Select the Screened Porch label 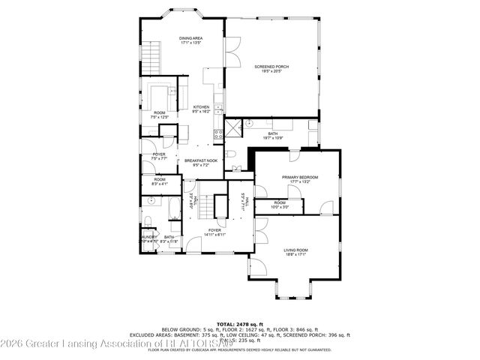tap(271, 68)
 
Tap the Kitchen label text tap(201, 108)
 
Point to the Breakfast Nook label tap(201, 161)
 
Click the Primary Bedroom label tap(295, 178)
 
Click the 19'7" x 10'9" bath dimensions tap(272, 138)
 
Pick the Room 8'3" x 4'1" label tap(160, 181)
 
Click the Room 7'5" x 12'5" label tap(160, 115)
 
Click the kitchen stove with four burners tap(219, 136)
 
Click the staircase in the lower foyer tap(221, 205)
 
